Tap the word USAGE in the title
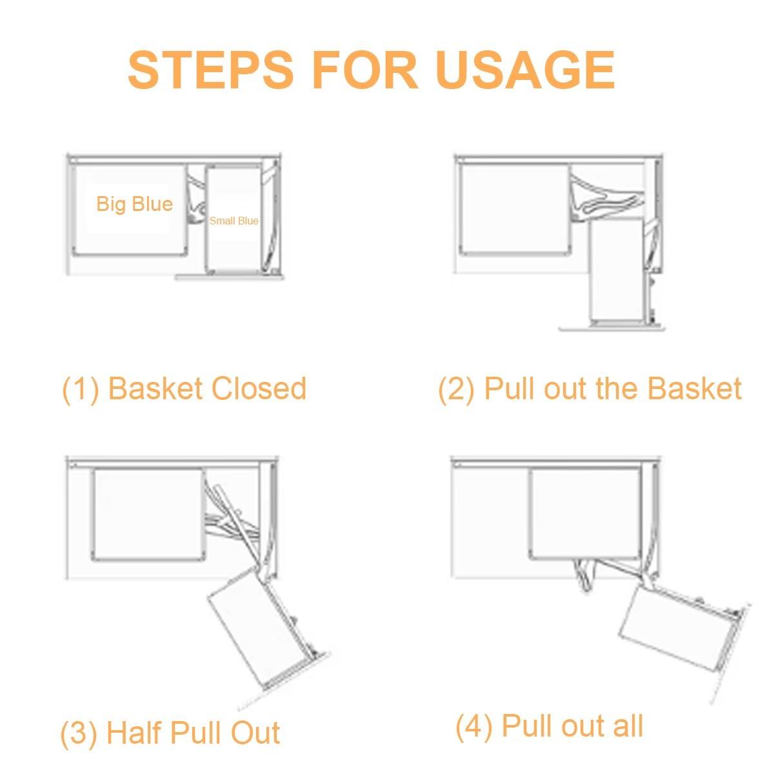click(526, 70)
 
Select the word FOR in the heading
click(365, 70)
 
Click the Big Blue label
click(135, 204)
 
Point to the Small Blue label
click(233, 221)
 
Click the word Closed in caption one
click(259, 388)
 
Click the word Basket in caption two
click(695, 388)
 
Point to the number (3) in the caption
click(79, 733)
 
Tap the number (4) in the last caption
click(474, 726)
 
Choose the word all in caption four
click(628, 725)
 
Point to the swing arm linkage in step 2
click(606, 197)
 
